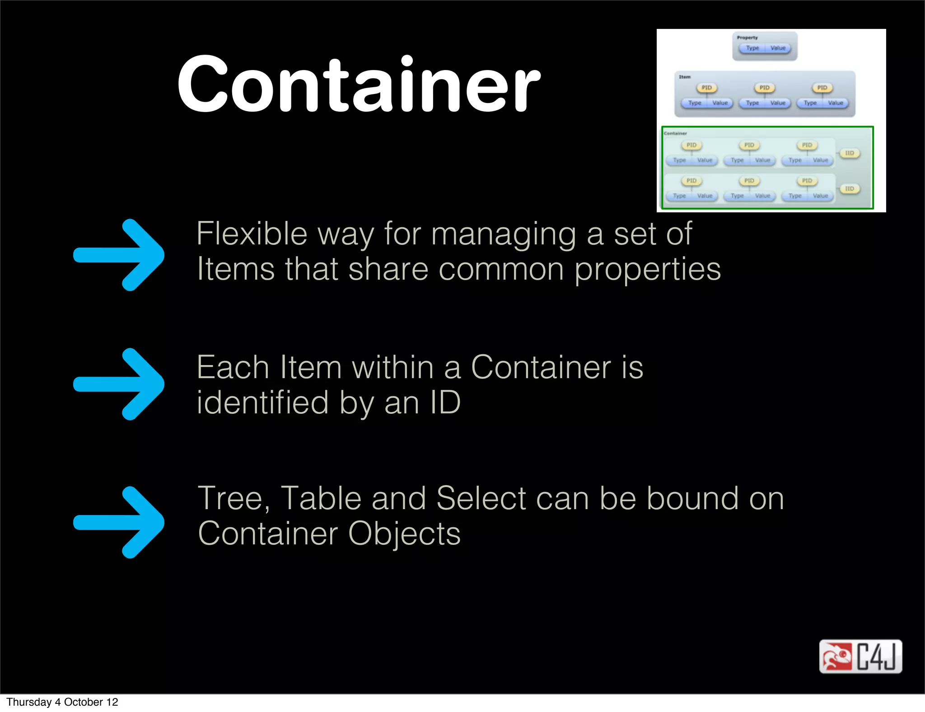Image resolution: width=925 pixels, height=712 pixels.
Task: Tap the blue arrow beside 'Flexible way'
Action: coord(119,255)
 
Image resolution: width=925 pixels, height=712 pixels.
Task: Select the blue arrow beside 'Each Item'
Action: coord(119,384)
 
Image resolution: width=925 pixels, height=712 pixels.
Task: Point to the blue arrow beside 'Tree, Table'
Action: coord(119,522)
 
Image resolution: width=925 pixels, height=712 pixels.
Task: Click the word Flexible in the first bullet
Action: coord(252,234)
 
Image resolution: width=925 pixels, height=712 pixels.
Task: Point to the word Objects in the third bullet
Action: coord(404,534)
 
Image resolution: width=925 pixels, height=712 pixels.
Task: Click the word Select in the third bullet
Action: coord(481,499)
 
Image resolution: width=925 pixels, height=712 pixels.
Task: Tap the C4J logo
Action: coord(860,656)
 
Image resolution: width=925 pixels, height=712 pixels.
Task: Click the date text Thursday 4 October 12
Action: coord(62,702)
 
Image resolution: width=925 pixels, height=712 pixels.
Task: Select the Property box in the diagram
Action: coord(765,46)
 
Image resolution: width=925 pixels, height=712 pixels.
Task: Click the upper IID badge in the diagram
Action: coord(850,153)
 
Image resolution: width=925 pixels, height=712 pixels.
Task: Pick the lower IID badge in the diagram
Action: coord(850,189)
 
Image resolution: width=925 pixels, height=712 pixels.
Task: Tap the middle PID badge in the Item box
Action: coord(764,88)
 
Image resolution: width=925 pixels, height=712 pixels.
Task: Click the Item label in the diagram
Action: coord(685,77)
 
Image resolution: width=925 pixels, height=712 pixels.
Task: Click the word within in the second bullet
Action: coord(393,367)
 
